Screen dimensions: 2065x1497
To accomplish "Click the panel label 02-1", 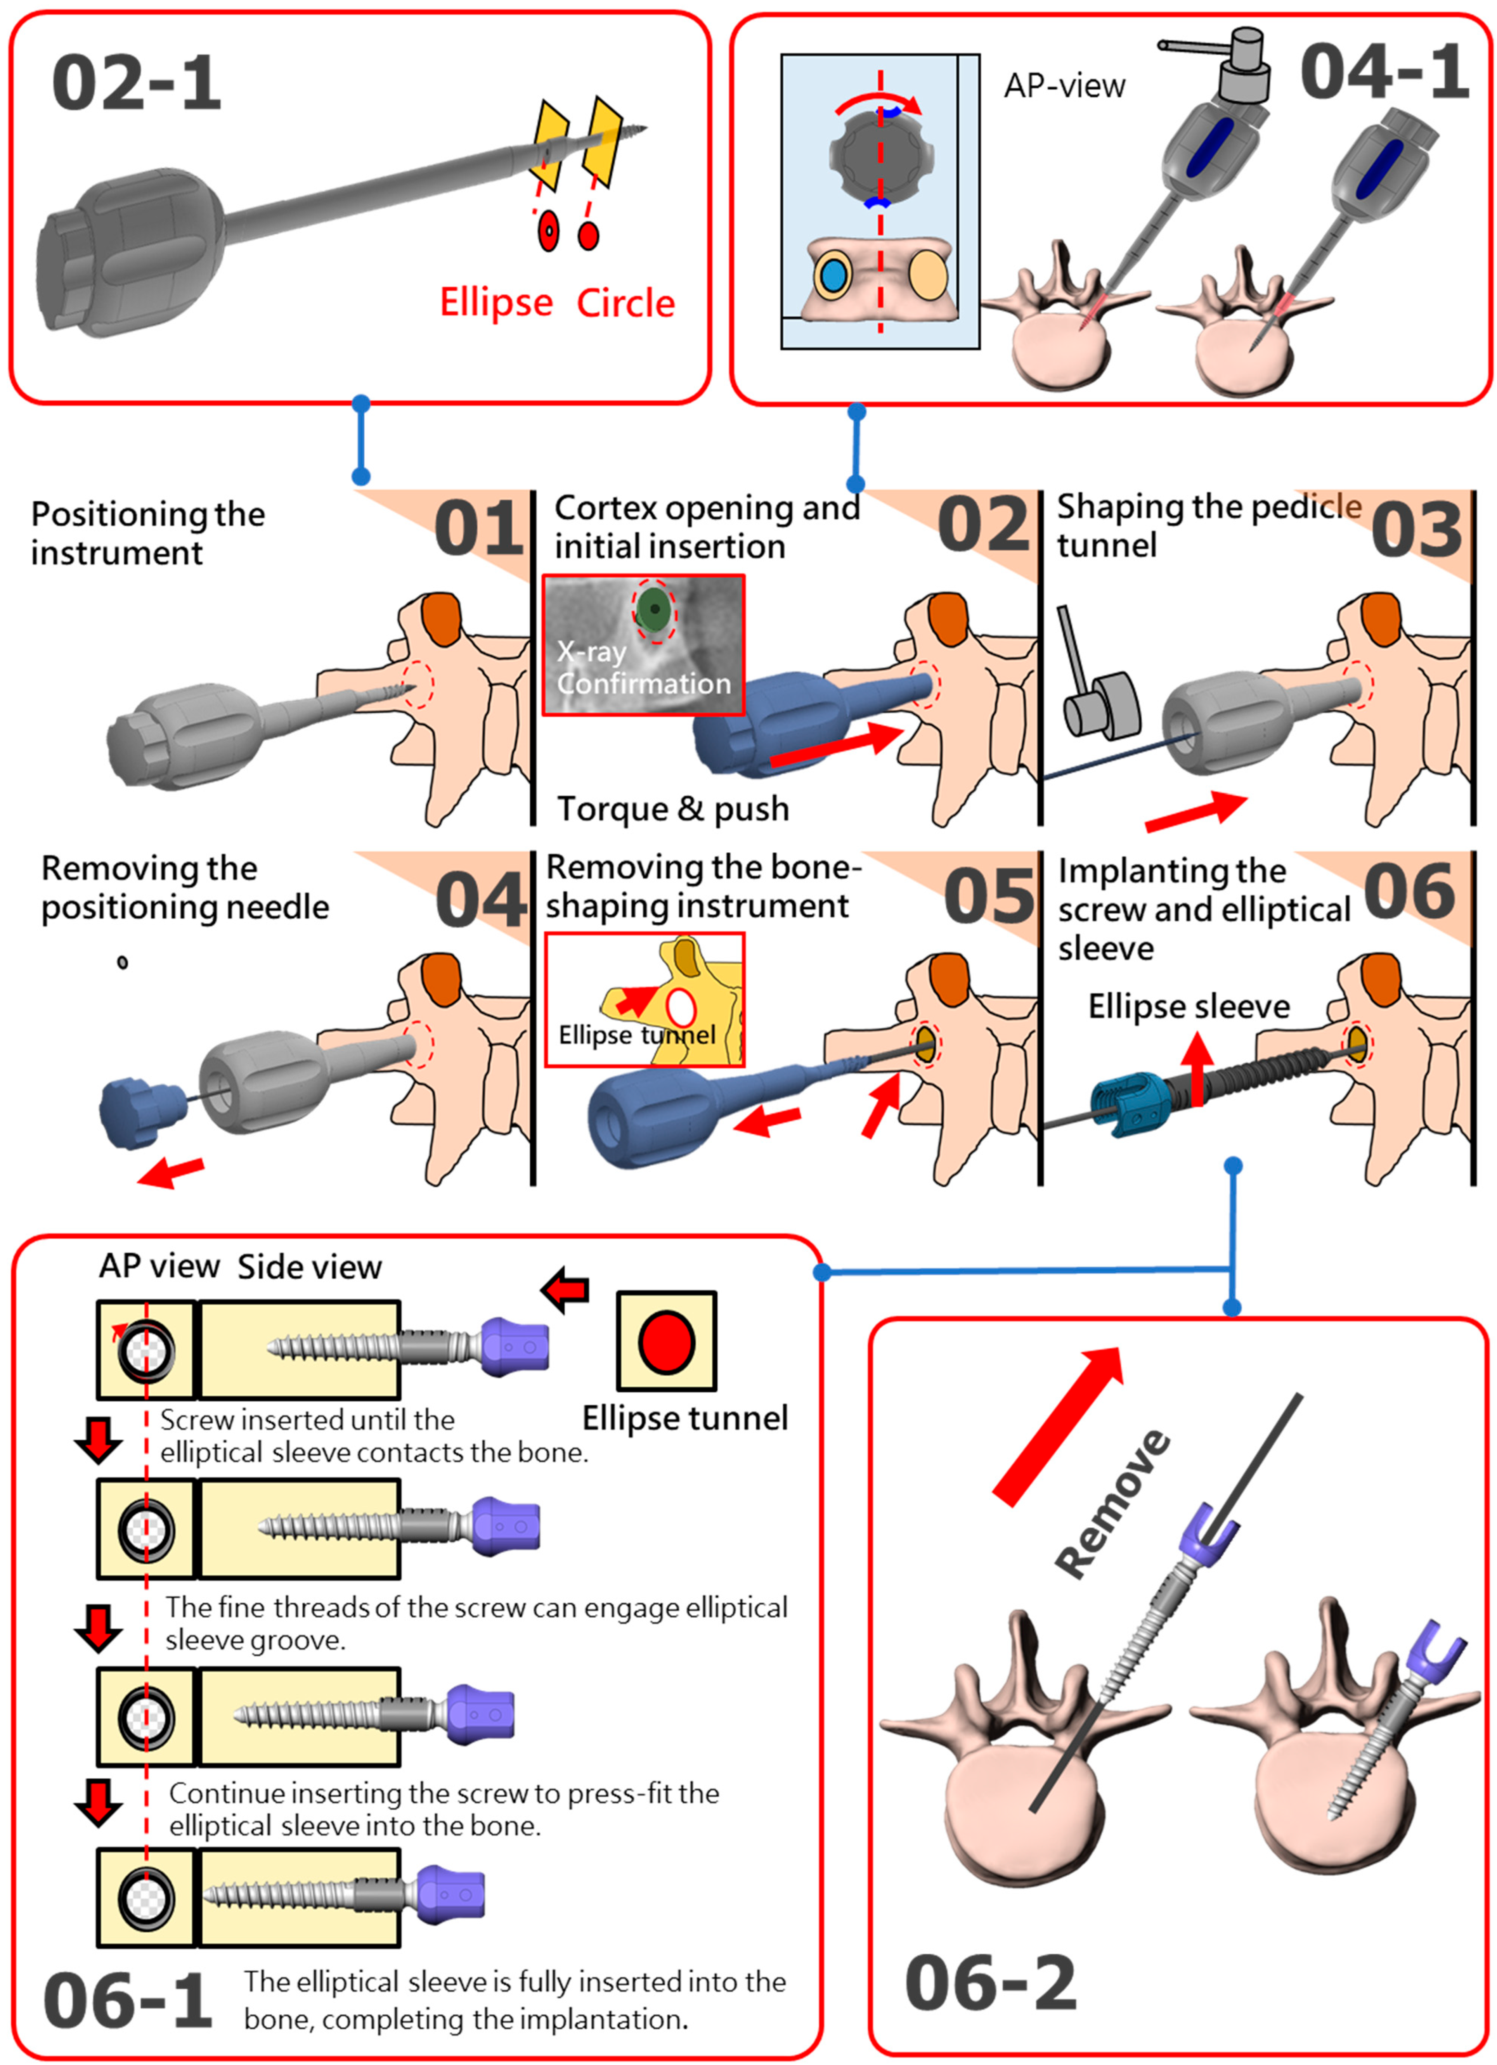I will (x=137, y=84).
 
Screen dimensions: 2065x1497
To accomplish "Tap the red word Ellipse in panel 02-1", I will (x=496, y=302).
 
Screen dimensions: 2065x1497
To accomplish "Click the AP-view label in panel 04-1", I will (x=1064, y=87).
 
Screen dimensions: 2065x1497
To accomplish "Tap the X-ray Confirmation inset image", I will (x=643, y=644).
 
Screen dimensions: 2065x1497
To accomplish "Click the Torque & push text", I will (x=673, y=808).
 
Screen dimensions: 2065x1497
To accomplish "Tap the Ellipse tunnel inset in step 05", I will (x=644, y=999).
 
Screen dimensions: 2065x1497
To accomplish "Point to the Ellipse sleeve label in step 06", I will (x=1188, y=1006).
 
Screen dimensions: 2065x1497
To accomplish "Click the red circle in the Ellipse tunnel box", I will (x=667, y=1342).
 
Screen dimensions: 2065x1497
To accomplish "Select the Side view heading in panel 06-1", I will (x=310, y=1267).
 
